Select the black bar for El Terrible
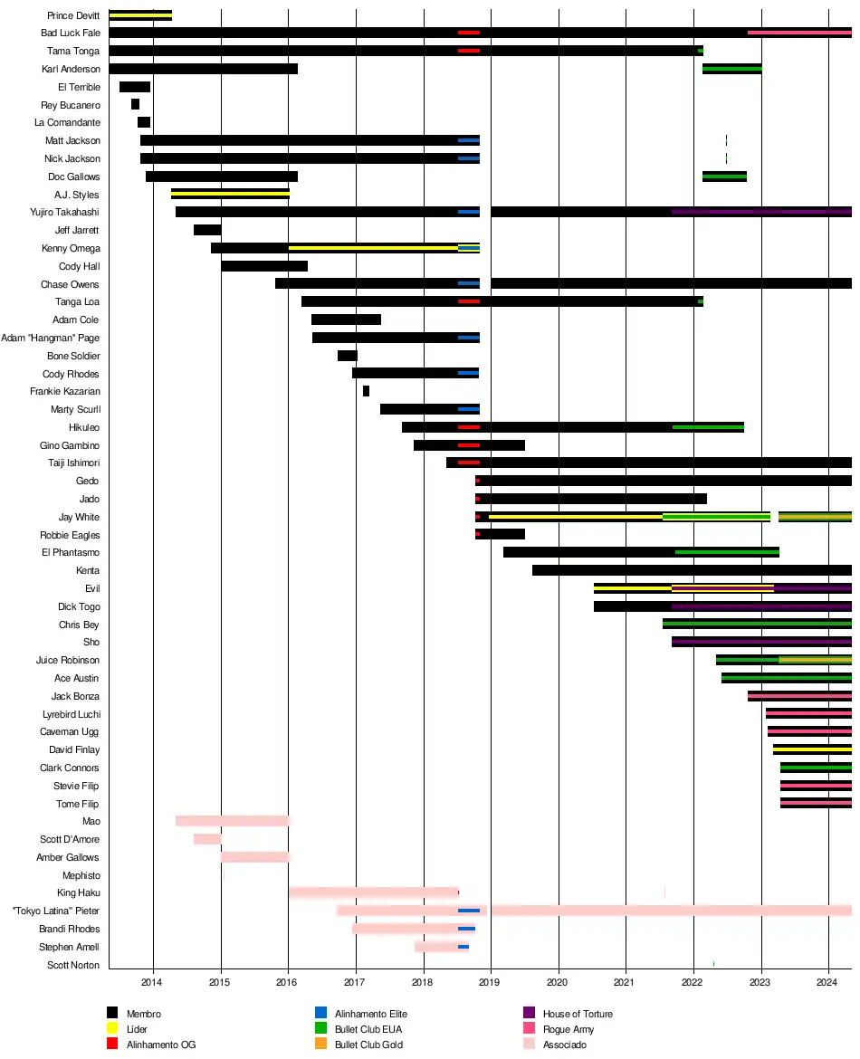(135, 87)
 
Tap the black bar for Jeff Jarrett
(207, 230)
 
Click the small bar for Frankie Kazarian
(366, 391)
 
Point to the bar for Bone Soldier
(348, 356)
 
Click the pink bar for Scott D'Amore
(207, 839)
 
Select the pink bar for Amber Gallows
(254, 857)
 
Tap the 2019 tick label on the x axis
(490, 982)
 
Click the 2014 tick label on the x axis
(152, 982)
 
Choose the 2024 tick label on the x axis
(828, 982)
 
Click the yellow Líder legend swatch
(112, 1029)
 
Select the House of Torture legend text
(578, 1014)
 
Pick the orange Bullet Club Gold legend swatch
(320, 1045)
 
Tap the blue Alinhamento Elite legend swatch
(320, 1014)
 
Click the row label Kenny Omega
(71, 248)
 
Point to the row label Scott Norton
(73, 965)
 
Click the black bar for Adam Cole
(346, 320)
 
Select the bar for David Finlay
(812, 749)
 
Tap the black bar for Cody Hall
(264, 266)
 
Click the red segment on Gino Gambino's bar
(469, 445)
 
